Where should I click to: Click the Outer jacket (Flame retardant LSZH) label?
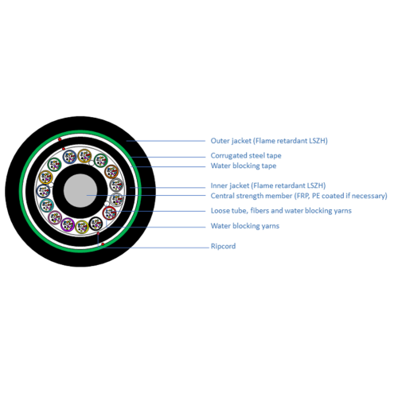click(269, 141)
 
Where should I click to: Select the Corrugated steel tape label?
click(246, 155)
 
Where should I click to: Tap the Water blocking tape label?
click(244, 166)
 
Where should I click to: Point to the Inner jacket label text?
click(268, 185)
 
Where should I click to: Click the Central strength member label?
click(299, 196)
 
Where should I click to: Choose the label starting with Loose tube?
click(281, 211)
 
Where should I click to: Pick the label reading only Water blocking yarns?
click(245, 226)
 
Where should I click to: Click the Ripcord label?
click(223, 246)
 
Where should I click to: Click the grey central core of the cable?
click(80, 190)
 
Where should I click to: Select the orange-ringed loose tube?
click(111, 171)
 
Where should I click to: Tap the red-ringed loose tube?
click(109, 213)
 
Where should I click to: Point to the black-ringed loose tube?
click(96, 224)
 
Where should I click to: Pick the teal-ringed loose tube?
click(47, 205)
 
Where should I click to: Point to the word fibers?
click(259, 211)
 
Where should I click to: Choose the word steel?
click(256, 155)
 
